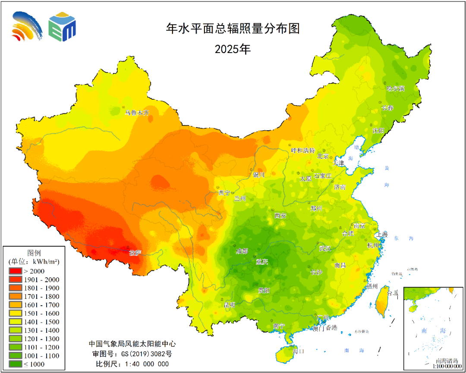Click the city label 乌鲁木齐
(137, 113)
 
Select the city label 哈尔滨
(395, 88)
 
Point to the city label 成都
(242, 251)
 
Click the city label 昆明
(230, 304)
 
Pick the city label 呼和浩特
(303, 150)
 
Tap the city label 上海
(382, 235)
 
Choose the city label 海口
(299, 351)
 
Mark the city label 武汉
(325, 248)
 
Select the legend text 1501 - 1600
(42, 313)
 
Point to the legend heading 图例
(34, 252)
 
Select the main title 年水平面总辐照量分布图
(233, 28)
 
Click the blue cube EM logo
(62, 27)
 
